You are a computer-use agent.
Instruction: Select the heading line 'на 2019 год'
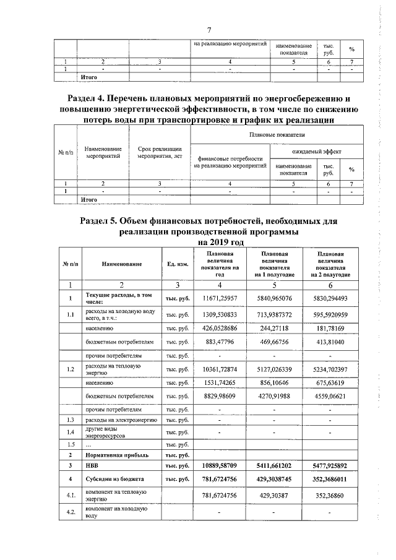tap(209, 243)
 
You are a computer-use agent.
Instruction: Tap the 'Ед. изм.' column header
tap(177, 264)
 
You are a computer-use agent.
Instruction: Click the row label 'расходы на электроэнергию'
tap(121, 420)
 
